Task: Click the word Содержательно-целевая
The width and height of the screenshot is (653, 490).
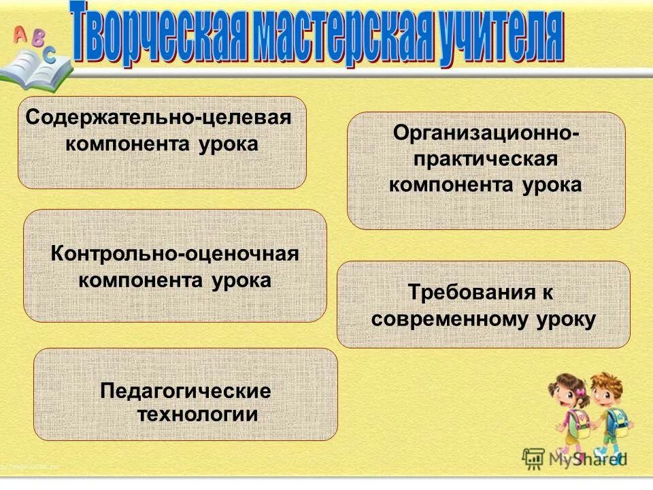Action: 158,117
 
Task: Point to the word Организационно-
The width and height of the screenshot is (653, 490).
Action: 486,133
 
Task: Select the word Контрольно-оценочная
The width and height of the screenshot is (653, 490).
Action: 175,254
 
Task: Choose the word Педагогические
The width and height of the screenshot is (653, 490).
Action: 185,391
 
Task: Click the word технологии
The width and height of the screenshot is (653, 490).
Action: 198,414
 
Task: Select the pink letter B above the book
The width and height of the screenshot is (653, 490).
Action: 37,35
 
